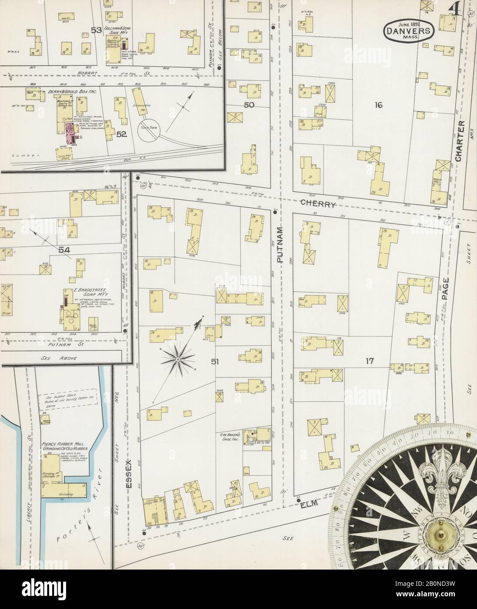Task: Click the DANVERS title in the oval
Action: pos(409,31)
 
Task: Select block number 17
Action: pos(370,361)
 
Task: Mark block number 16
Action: pos(379,105)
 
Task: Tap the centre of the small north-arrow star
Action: pos(179,359)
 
